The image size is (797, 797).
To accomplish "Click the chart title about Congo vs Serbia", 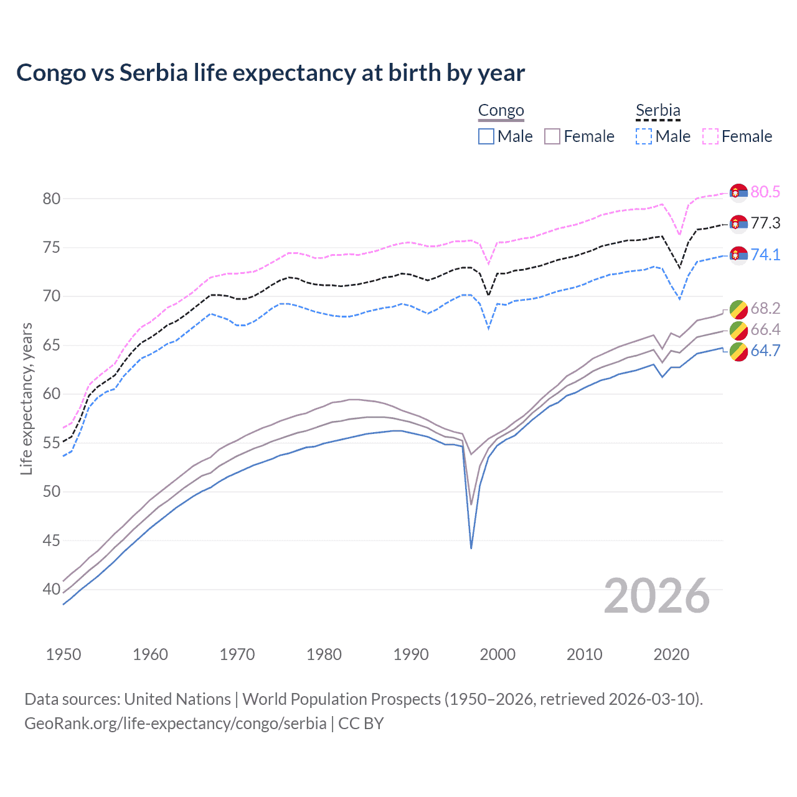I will (x=270, y=73).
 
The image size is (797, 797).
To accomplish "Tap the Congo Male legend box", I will (x=486, y=136).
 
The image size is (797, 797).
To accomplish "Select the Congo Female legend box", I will (x=552, y=136).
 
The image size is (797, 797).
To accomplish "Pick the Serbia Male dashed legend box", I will (x=644, y=136).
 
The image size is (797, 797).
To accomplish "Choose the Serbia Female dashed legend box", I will (x=710, y=136).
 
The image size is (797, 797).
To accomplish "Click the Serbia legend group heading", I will (x=658, y=110).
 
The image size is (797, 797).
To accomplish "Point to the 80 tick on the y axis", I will (x=51, y=199).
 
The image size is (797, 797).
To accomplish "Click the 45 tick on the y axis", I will (x=51, y=540).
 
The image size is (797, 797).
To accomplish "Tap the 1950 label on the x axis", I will (x=64, y=654).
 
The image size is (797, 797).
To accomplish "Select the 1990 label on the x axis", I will (x=411, y=654).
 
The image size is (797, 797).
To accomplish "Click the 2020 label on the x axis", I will (x=671, y=654).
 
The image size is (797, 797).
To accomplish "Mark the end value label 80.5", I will (x=765, y=192).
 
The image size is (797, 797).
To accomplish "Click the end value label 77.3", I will (x=765, y=223).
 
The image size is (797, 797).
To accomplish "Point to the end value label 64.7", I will (x=765, y=351).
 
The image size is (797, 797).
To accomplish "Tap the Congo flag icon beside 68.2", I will (x=738, y=308).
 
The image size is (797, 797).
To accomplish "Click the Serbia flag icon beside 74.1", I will (x=738, y=255).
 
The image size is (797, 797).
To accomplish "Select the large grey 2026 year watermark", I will (x=657, y=596).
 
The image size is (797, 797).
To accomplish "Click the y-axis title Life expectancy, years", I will (x=26, y=398).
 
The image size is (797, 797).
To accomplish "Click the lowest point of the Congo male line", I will (x=471, y=548).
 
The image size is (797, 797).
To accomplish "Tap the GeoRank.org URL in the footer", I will (x=175, y=724).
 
